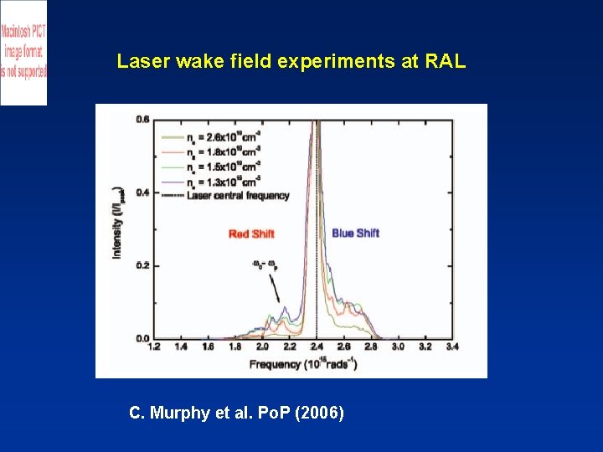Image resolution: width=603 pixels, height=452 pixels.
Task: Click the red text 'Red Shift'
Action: pos(251,234)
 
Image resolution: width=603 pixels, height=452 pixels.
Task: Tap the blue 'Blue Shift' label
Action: pos(356,233)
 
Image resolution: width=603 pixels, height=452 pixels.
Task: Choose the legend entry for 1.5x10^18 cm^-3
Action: pos(224,166)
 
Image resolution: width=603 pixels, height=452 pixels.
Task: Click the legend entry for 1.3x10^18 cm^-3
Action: pos(224,178)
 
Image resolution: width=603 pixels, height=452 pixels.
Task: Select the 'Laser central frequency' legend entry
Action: pos(238,196)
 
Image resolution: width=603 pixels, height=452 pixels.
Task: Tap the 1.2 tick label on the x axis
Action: pos(153,346)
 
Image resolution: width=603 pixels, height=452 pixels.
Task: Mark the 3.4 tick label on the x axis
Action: pos(452,346)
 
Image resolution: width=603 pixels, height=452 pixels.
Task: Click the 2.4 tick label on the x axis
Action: pos(317,346)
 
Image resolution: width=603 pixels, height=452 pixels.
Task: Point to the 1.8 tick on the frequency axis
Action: pos(235,346)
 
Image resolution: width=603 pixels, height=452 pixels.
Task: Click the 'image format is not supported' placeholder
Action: pos(23,52)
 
